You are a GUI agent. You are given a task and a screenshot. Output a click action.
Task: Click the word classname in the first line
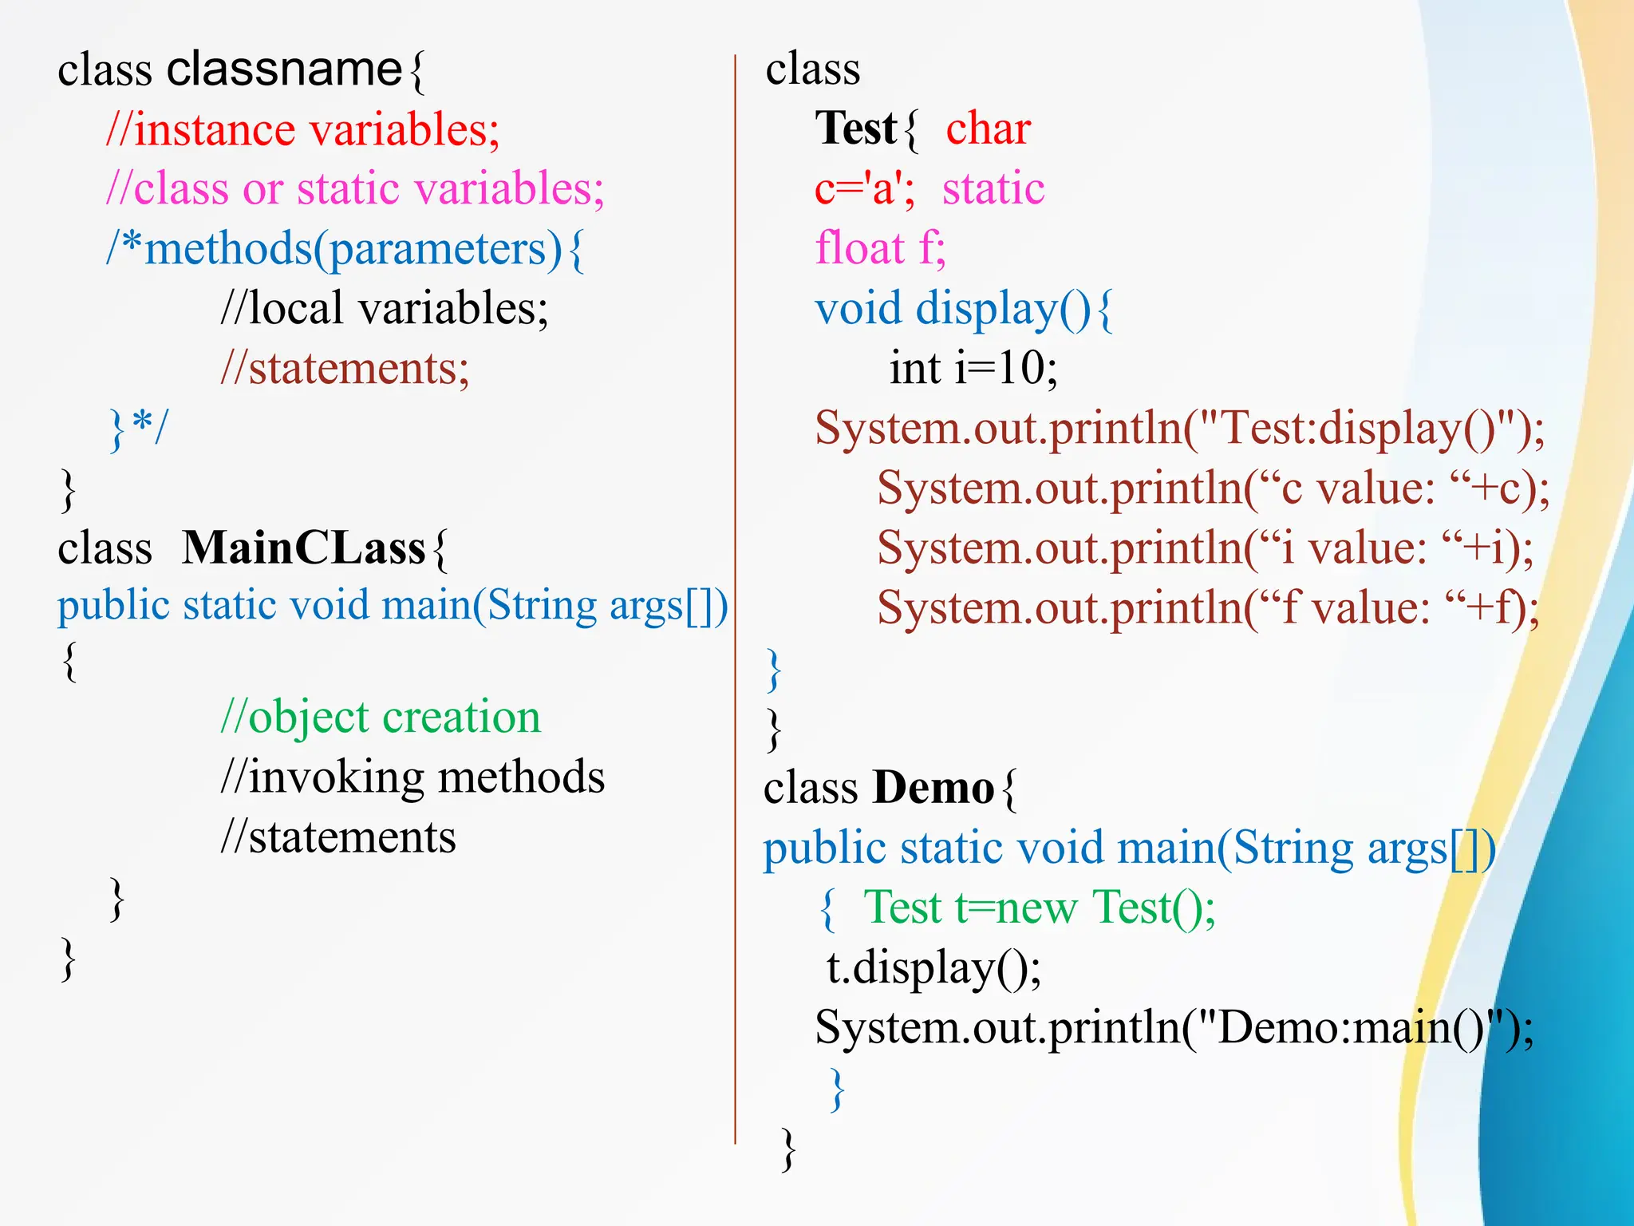pos(284,69)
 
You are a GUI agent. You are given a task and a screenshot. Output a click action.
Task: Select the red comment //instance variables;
pos(303,130)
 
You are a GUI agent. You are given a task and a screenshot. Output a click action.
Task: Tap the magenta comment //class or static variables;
pos(355,190)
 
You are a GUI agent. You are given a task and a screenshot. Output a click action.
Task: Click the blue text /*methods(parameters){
pos(345,250)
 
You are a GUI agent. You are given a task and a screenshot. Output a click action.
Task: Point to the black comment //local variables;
pos(385,310)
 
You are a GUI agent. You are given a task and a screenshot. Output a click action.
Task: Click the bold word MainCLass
pos(303,549)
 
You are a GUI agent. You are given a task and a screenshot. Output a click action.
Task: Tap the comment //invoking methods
pos(412,777)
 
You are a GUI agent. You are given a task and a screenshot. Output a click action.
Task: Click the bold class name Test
pos(855,129)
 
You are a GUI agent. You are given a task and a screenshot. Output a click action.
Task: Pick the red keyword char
pos(989,129)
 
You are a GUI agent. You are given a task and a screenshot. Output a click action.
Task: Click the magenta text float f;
pos(880,249)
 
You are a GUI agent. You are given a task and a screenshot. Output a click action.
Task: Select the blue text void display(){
pos(963,310)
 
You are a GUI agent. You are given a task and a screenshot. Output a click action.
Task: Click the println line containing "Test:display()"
pos(1179,429)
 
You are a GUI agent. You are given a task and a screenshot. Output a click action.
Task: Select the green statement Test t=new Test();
pos(1039,908)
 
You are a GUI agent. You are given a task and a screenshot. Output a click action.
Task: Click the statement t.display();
pos(933,968)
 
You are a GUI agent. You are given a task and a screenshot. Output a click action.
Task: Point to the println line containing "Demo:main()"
pos(1174,1028)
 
